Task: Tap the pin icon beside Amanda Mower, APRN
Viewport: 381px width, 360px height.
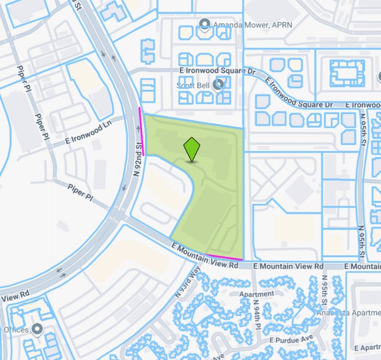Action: tap(205, 26)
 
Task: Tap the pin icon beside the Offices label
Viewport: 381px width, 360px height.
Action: tap(37, 329)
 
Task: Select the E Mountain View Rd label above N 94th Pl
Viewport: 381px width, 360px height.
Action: tap(288, 267)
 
